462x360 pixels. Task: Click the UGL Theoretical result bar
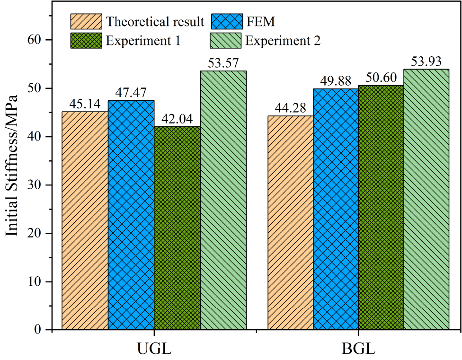point(85,220)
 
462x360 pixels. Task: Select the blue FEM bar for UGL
point(131,215)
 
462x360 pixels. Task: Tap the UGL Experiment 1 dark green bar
point(177,228)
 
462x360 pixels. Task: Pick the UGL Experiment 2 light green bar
point(223,200)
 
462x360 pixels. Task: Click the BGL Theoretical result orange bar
point(291,222)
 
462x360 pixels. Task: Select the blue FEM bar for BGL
point(336,209)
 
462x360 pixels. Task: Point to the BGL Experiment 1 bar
point(382,207)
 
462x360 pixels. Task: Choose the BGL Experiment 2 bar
point(426,199)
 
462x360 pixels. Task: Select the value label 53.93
point(426,61)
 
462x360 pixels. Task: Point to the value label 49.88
point(336,81)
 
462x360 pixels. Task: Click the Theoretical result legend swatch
point(86,21)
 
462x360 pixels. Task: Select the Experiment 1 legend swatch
point(86,40)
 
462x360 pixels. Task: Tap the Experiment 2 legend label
point(283,40)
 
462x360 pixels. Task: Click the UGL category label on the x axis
point(154,349)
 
